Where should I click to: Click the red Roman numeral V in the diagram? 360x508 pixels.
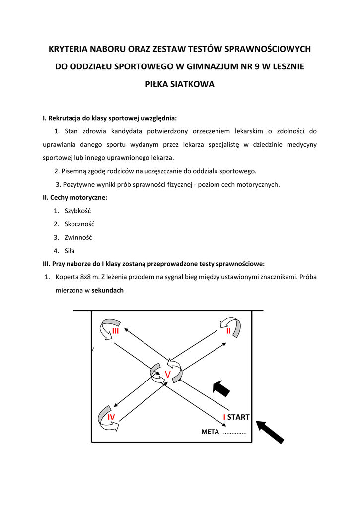pos(167,375)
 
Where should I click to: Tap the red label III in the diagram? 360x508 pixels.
pos(116,331)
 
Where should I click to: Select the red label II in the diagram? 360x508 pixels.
pos(228,331)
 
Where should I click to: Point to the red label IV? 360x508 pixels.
pos(111,417)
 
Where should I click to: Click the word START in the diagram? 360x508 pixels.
pos(238,417)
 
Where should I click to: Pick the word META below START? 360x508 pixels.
pos(210,432)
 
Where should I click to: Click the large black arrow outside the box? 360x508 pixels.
pos(270,432)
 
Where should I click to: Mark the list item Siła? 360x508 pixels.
pos(70,251)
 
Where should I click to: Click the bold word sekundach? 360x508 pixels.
pos(107,291)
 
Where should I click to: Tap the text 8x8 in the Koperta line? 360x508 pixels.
pos(85,277)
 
